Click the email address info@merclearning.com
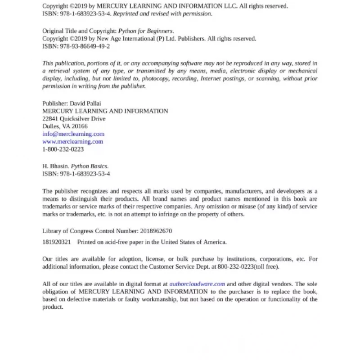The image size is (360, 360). [73, 134]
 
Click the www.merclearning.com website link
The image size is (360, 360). [72, 141]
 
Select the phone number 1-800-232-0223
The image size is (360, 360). [63, 149]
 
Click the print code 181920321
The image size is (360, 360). [57, 242]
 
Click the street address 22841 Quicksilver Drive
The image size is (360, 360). [74, 118]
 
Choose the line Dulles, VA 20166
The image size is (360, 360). [65, 126]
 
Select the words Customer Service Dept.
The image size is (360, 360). [176, 266]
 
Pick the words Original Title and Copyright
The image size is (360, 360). [79, 31]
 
